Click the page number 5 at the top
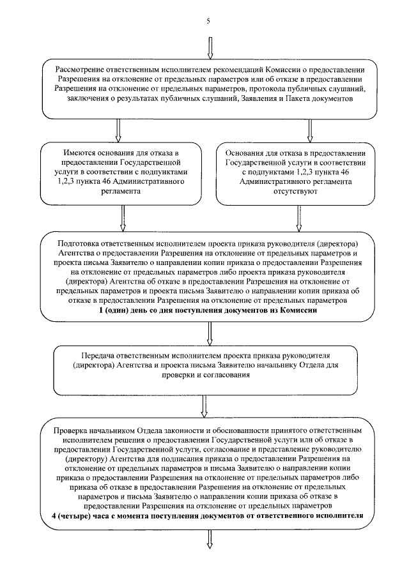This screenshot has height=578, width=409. (208, 20)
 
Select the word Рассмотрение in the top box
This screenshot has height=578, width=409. (82, 70)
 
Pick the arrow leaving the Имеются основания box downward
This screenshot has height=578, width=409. (121, 218)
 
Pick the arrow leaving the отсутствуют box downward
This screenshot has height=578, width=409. (298, 218)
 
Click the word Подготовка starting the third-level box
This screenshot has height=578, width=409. (79, 244)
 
